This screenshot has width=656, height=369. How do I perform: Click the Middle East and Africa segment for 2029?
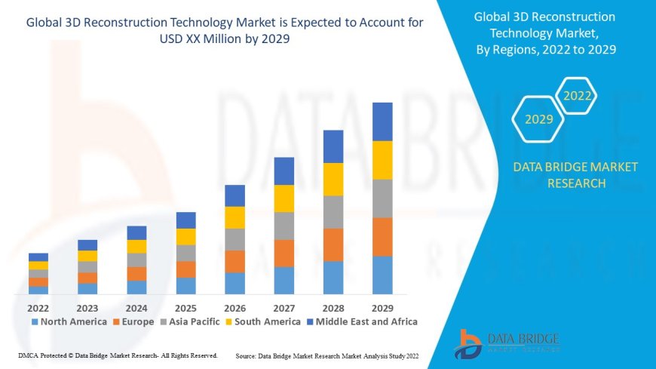tap(382, 121)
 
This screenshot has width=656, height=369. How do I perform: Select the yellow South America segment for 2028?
tap(333, 179)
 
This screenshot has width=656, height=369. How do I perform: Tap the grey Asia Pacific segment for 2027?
tap(284, 226)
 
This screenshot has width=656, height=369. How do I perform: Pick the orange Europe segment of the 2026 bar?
tap(235, 261)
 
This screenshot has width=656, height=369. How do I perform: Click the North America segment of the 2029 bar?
tap(382, 275)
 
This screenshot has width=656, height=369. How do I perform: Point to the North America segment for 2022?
tap(38, 290)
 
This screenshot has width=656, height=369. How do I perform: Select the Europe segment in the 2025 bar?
tap(185, 269)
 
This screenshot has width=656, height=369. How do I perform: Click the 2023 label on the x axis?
tap(87, 308)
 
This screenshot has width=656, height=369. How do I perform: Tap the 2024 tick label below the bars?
tap(136, 308)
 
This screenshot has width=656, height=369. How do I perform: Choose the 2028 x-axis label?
tap(333, 308)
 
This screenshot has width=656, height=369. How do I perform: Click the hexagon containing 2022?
tap(577, 96)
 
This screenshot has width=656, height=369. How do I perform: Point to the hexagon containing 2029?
tap(538, 119)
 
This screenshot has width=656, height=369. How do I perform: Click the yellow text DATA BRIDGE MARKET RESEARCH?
tap(575, 175)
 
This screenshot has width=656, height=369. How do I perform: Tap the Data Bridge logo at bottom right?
tap(507, 343)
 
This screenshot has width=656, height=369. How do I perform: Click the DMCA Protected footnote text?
tap(117, 355)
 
